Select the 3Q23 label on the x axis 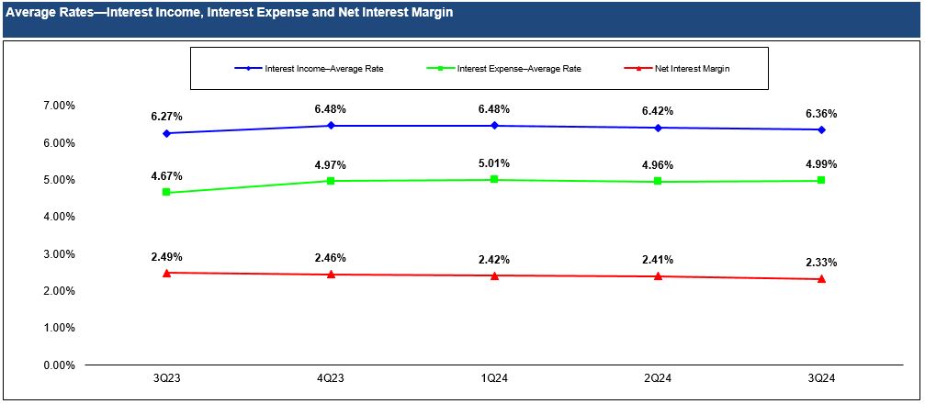pyautogui.click(x=166, y=381)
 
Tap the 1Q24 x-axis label pyautogui.click(x=494, y=381)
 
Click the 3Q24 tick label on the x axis pyautogui.click(x=821, y=381)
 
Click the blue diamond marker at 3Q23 pyautogui.click(x=167, y=133)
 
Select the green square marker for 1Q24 pyautogui.click(x=494, y=180)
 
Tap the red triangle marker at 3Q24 pyautogui.click(x=821, y=279)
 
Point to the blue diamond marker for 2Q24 pyautogui.click(x=658, y=128)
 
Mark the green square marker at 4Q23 pyautogui.click(x=331, y=181)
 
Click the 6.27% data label pyautogui.click(x=167, y=117)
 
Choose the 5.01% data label pyautogui.click(x=494, y=163)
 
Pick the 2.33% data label pyautogui.click(x=821, y=263)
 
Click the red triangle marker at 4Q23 pyautogui.click(x=331, y=275)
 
